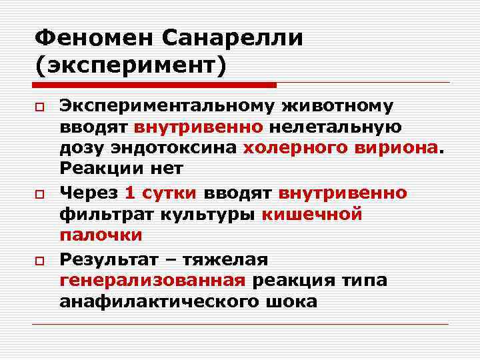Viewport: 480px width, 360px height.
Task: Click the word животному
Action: click(347, 106)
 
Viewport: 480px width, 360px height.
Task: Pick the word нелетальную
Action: click(344, 127)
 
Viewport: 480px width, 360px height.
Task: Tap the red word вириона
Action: click(393, 149)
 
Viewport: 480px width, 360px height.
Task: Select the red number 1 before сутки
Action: click(130, 193)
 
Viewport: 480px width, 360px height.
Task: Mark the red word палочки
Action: click(100, 235)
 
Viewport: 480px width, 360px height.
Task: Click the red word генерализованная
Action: click(153, 279)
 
